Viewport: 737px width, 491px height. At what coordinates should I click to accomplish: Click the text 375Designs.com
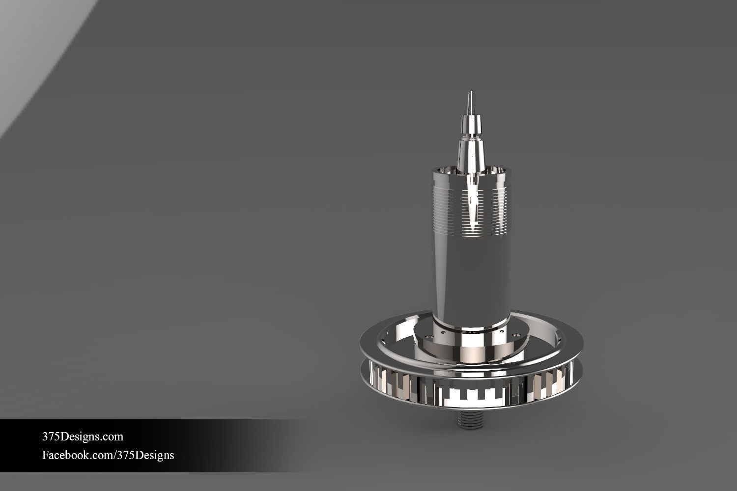[83, 436]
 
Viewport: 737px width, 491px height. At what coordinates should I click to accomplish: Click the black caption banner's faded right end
[275, 445]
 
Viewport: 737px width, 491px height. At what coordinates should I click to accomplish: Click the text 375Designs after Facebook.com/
[145, 455]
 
